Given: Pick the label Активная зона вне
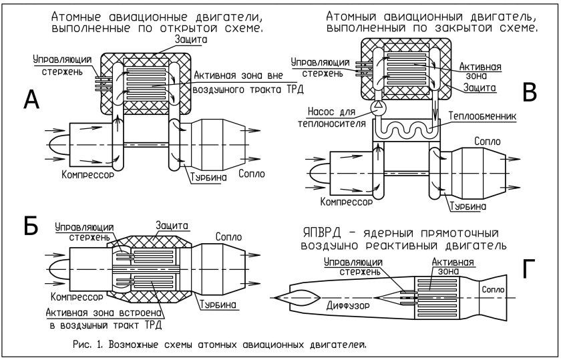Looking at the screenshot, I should click(230, 75).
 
